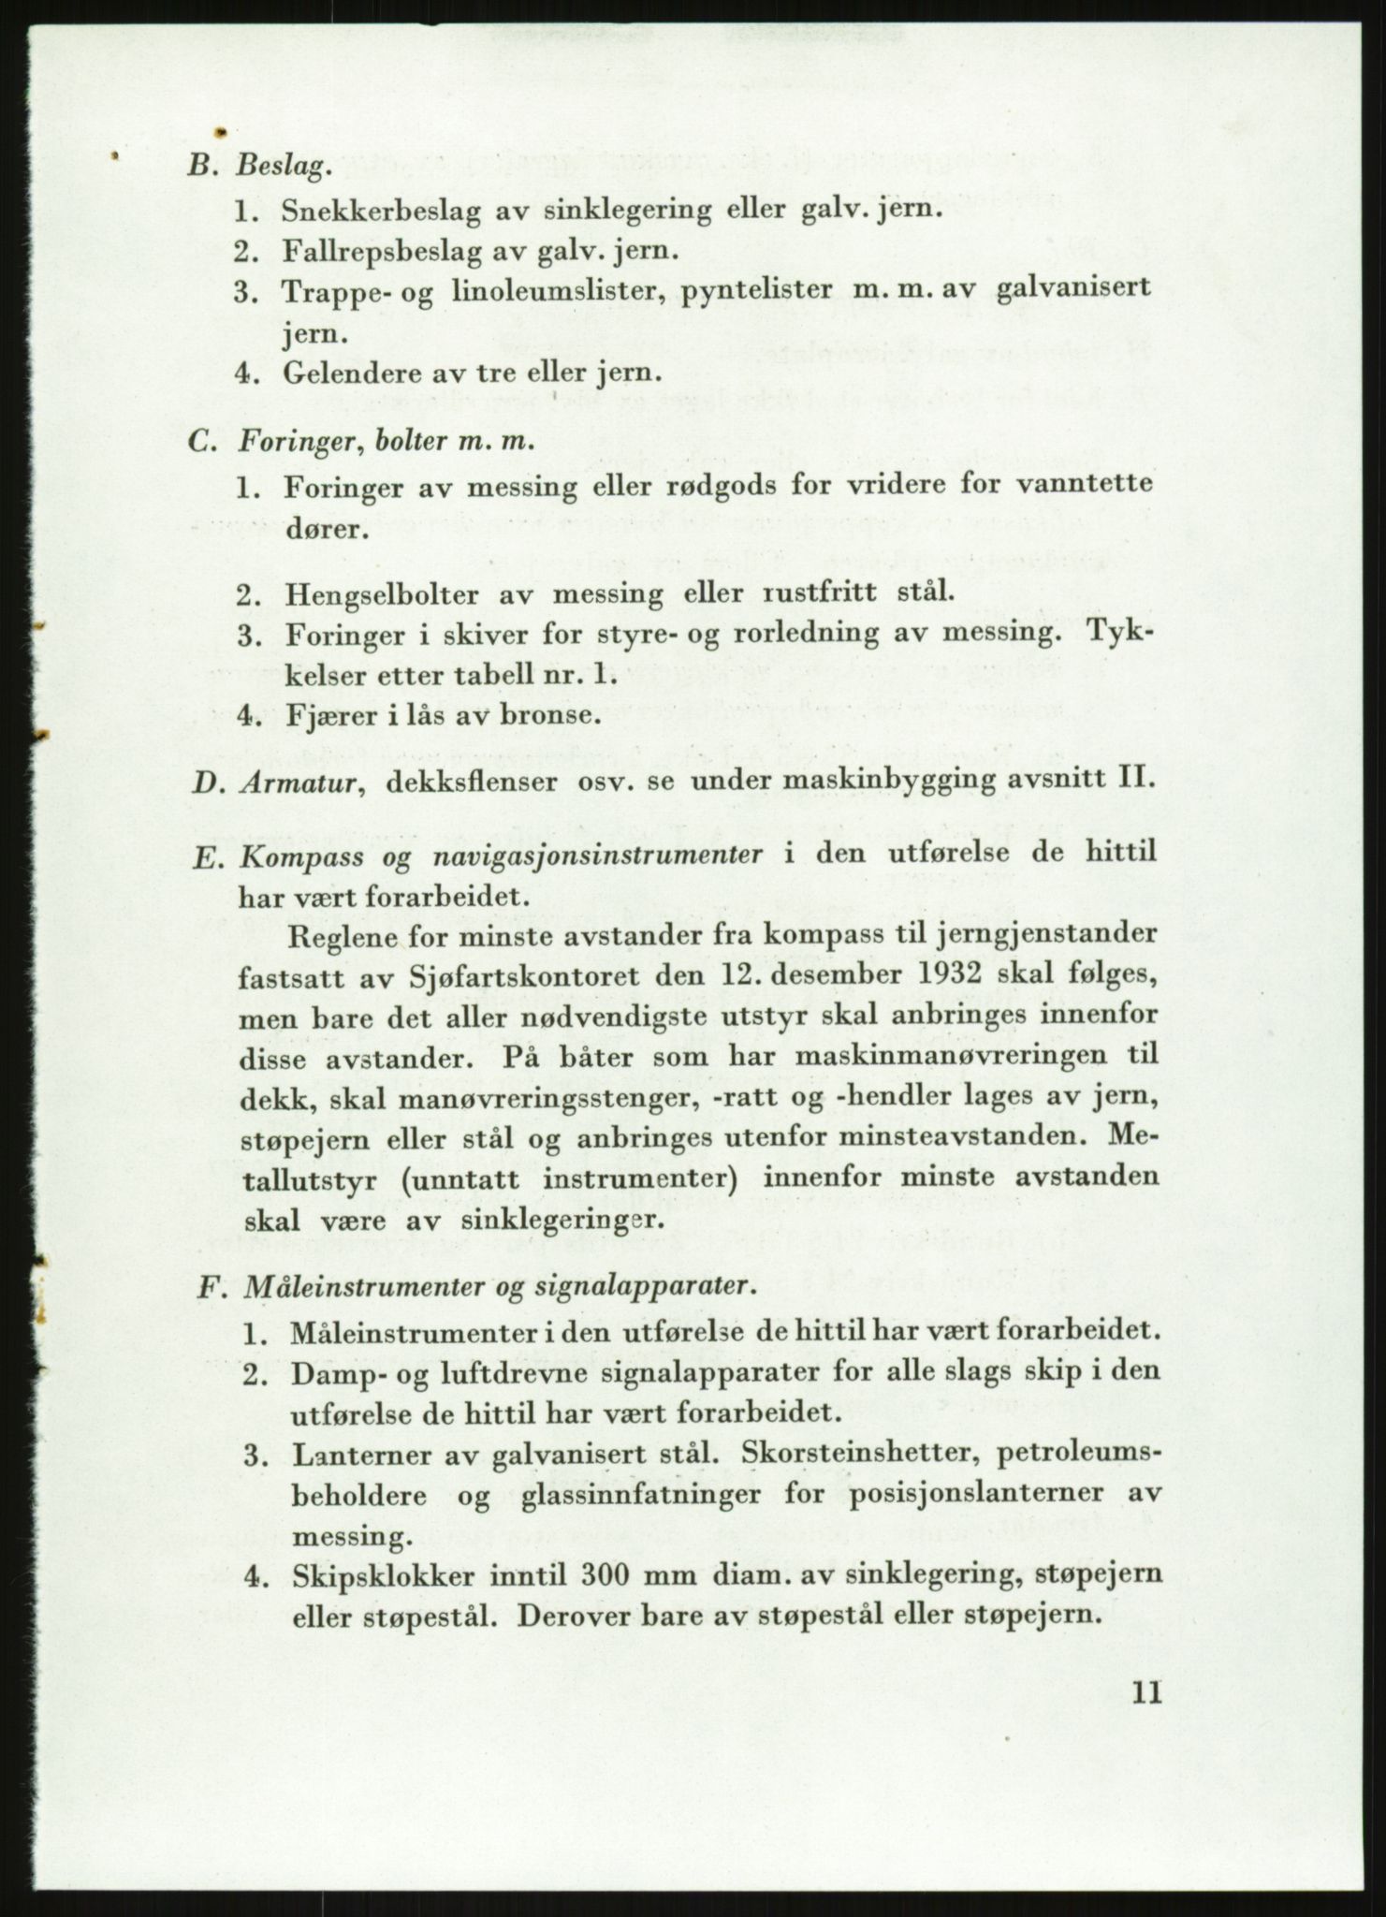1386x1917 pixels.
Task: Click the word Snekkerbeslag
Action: pyautogui.click(x=381, y=212)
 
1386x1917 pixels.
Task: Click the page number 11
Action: pyautogui.click(x=1145, y=1693)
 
